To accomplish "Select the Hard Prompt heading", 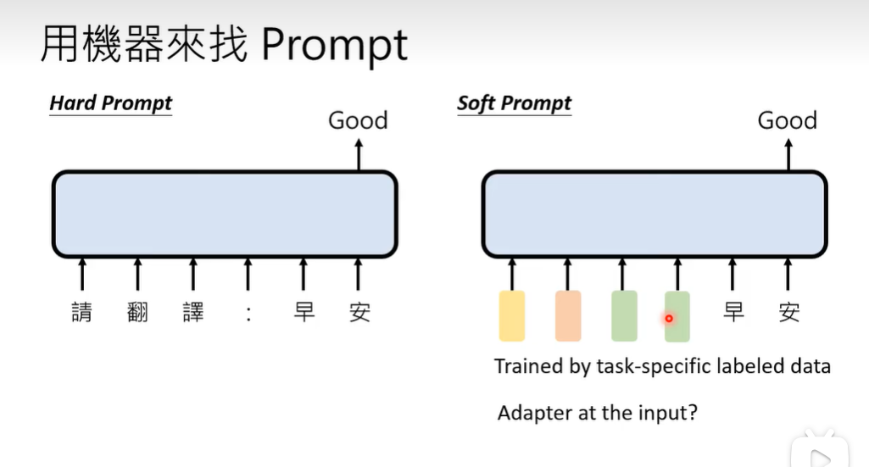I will (x=110, y=103).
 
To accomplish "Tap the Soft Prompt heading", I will (x=514, y=103).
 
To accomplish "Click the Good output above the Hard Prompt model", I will (x=358, y=120).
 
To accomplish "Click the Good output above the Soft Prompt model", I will (x=787, y=120).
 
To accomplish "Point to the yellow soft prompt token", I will (x=512, y=316).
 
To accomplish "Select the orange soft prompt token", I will (x=568, y=316).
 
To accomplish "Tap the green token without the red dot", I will (x=623, y=316).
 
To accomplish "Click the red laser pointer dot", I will (x=669, y=319).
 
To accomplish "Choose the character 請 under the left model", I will (x=81, y=312).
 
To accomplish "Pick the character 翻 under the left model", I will (x=137, y=312).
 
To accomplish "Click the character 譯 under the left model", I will (x=193, y=312).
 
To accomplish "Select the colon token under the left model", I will (x=248, y=313).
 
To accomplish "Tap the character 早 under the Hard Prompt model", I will (x=304, y=312).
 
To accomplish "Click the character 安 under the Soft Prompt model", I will (x=788, y=312).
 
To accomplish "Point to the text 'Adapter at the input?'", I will (x=597, y=414).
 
